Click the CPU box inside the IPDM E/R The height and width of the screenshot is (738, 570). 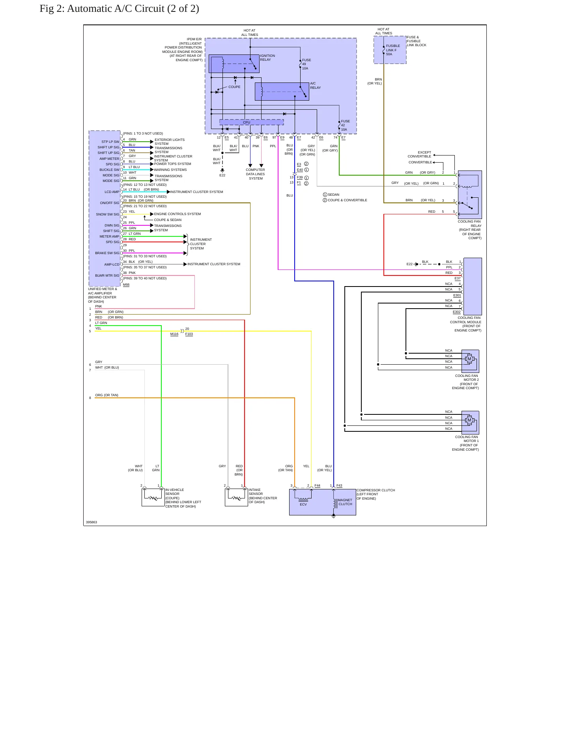(x=251, y=122)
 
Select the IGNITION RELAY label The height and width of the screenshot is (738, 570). (x=267, y=58)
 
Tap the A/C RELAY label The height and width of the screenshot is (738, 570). (x=315, y=86)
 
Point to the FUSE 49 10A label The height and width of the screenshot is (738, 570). (x=306, y=64)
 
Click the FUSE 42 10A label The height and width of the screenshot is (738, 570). (x=345, y=125)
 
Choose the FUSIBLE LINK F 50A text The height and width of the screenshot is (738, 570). (x=393, y=50)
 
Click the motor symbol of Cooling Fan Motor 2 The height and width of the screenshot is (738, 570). (x=469, y=359)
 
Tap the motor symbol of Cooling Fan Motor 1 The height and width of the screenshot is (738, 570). (x=469, y=420)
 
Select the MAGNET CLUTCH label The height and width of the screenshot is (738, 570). (x=345, y=502)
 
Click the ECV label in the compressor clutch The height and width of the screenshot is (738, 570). (x=303, y=504)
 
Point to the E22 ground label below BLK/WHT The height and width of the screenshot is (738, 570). (x=222, y=175)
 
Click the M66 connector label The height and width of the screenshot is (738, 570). (x=126, y=285)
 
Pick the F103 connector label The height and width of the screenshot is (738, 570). (x=189, y=334)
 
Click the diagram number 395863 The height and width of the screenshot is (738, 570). (x=92, y=522)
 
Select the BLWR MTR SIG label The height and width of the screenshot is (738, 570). (x=107, y=275)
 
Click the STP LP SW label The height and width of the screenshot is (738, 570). (x=110, y=142)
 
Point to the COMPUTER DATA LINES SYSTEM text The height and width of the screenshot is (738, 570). (x=256, y=174)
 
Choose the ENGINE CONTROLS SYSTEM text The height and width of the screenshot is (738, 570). (x=178, y=214)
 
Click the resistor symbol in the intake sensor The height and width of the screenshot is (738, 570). (x=236, y=498)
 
